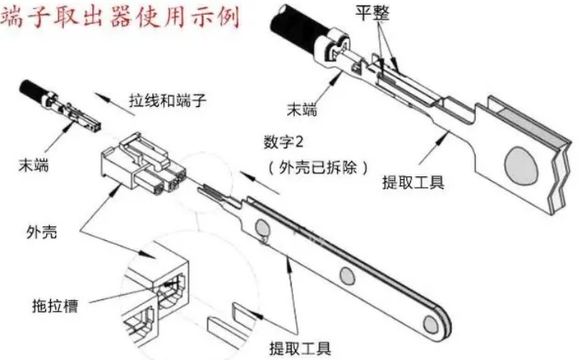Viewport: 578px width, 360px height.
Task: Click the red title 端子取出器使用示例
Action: point(121,16)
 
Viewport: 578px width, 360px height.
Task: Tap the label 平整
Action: point(373,13)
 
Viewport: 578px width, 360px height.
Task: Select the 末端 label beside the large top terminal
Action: point(302,109)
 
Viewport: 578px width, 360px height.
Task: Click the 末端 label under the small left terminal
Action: point(34,165)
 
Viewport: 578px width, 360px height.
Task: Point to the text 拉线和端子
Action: point(168,100)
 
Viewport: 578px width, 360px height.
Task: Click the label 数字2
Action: point(283,142)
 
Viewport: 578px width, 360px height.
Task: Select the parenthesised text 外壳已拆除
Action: point(318,168)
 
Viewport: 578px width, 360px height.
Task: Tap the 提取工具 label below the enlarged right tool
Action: point(413,182)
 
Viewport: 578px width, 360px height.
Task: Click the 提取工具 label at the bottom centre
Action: point(300,348)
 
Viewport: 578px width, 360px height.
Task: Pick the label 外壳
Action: point(42,232)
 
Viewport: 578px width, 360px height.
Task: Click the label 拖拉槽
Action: point(55,305)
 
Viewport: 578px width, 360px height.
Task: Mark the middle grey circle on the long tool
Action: point(347,276)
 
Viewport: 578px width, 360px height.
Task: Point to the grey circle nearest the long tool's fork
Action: point(262,227)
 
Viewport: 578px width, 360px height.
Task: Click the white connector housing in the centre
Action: point(142,165)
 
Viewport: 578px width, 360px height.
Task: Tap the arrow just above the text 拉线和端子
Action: point(115,104)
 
